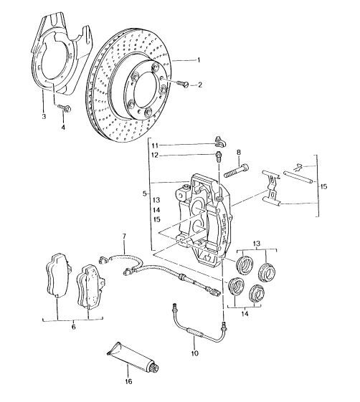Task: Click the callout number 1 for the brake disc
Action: pos(199,60)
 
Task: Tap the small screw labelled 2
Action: pos(183,83)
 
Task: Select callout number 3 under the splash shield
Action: pos(44,116)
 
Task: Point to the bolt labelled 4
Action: pos(65,108)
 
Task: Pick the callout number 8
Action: pos(239,153)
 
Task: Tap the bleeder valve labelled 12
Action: pos(218,157)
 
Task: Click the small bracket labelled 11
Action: pos(220,142)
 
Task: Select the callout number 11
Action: pos(155,145)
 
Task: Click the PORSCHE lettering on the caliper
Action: pos(224,227)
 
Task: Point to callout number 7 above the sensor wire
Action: pos(124,236)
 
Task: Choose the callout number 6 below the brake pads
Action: pos(74,327)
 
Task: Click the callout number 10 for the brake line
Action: pos(194,353)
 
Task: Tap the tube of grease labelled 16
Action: pos(133,358)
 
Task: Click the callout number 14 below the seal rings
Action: pos(245,314)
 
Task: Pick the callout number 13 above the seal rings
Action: pos(256,244)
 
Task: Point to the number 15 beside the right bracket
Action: pos(324,186)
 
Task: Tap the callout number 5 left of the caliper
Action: pos(145,193)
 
